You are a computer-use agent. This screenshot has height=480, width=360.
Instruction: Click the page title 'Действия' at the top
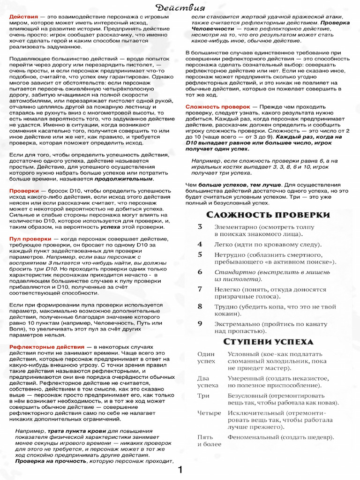[x=180, y=7]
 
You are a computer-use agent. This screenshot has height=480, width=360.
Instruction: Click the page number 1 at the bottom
[x=180, y=470]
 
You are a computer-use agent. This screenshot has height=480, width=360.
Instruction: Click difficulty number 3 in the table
[x=200, y=227]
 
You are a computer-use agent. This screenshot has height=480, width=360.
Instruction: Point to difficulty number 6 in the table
[x=200, y=272]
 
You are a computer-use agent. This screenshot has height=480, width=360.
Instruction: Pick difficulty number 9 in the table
[x=200, y=323]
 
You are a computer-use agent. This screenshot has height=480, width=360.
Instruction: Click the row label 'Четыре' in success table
[x=209, y=413]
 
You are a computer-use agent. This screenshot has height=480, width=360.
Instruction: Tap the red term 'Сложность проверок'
[x=217, y=107]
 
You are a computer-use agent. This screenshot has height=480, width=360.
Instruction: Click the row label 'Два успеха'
[x=207, y=382]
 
